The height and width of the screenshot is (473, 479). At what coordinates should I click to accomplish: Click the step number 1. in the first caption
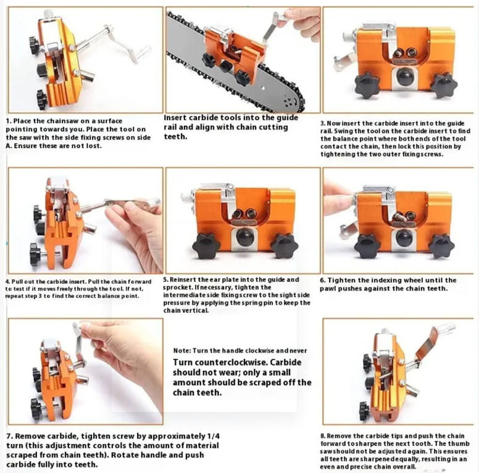click(9, 121)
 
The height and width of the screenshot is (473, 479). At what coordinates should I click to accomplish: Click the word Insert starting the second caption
click(175, 118)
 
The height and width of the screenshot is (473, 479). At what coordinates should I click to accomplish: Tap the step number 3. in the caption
click(323, 123)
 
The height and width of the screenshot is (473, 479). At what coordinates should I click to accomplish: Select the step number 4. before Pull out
click(7, 282)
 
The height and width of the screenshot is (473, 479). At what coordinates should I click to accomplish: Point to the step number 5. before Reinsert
click(165, 280)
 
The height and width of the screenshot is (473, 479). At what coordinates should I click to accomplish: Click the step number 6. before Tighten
click(323, 281)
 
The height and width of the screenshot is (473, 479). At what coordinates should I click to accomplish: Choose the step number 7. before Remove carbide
click(9, 437)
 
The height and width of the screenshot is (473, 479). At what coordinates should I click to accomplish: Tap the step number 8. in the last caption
click(323, 436)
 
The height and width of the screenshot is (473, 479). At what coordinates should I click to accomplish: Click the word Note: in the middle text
click(182, 351)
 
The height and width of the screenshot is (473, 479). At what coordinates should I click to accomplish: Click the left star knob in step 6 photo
click(367, 246)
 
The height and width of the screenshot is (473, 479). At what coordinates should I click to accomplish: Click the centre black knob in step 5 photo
click(244, 237)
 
